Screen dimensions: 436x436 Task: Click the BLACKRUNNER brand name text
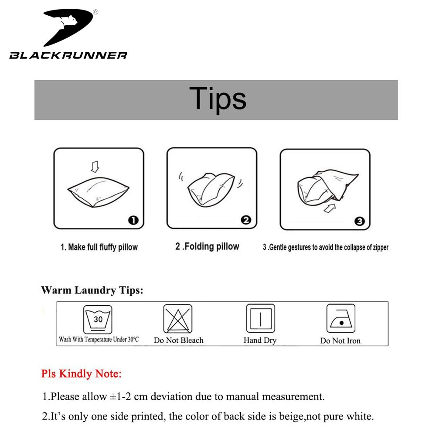click(x=68, y=55)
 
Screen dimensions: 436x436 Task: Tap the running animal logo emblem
click(x=70, y=26)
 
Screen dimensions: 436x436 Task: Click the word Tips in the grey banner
click(x=218, y=99)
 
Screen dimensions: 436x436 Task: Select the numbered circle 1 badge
click(x=133, y=220)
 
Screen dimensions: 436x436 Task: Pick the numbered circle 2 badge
click(x=246, y=220)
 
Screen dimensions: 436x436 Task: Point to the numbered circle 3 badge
click(x=359, y=221)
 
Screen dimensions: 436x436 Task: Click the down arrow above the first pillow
click(x=95, y=166)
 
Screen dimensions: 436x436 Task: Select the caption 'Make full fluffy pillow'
click(x=99, y=247)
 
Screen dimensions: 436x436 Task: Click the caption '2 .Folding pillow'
click(x=207, y=246)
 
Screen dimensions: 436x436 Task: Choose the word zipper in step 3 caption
click(x=378, y=248)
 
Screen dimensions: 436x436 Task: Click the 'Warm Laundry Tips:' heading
click(x=92, y=290)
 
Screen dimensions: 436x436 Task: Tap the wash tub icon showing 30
click(x=98, y=320)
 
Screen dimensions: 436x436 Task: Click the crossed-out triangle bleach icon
click(x=178, y=319)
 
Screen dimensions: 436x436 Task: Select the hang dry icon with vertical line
click(x=260, y=319)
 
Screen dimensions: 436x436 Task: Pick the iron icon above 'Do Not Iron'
click(x=341, y=319)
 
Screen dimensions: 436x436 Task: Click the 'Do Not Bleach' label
click(x=178, y=340)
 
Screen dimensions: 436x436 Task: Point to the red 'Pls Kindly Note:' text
click(x=82, y=374)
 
